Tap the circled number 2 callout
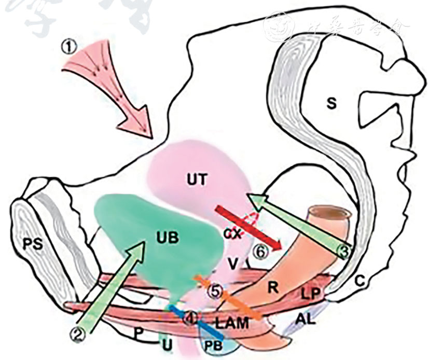coord(78,335)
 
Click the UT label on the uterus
coord(198,179)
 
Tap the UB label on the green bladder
coord(167,238)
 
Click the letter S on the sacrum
coord(331,104)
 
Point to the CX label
coord(233,234)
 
